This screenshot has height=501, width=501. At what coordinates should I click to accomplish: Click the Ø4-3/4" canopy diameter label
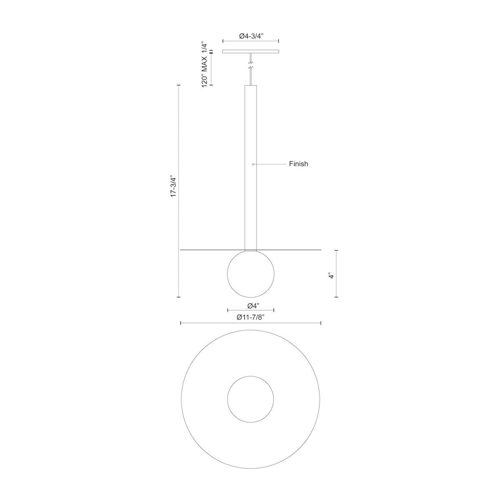[x=250, y=36]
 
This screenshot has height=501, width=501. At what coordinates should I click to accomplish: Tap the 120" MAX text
[x=205, y=71]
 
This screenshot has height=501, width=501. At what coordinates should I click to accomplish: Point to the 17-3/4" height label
[x=174, y=187]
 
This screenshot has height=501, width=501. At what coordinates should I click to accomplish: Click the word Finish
[x=299, y=164]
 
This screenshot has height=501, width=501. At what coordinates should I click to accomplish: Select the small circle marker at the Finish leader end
[x=253, y=164]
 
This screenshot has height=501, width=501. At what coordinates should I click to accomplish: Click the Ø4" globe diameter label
[x=250, y=304]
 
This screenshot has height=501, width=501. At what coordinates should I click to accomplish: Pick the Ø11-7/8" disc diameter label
[x=250, y=317]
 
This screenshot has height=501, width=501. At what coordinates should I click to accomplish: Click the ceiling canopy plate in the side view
[x=250, y=52]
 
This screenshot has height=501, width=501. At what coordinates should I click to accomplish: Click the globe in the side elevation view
[x=250, y=274]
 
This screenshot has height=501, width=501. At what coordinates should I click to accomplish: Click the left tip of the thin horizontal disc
[x=181, y=250]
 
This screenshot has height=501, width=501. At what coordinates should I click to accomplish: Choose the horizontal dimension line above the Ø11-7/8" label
[x=250, y=323]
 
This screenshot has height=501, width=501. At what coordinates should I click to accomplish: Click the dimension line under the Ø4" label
[x=250, y=310]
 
